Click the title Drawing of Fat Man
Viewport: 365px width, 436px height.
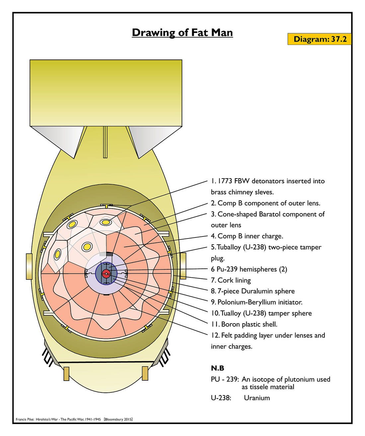point(182,33)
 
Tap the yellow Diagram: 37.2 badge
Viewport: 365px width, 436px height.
point(320,39)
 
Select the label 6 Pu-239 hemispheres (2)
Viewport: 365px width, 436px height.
point(249,269)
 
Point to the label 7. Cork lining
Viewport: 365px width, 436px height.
point(231,280)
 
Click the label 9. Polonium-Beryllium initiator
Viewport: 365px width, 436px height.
point(256,302)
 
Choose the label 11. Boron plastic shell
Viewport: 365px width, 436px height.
point(244,324)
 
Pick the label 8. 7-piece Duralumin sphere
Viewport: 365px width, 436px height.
point(253,291)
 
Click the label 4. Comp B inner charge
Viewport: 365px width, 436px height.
point(247,236)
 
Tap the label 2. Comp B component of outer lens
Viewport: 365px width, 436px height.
point(265,203)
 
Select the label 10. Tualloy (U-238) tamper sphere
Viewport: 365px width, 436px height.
point(261,313)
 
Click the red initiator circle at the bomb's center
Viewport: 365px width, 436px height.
point(106,274)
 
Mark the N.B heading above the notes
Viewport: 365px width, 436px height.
point(218,368)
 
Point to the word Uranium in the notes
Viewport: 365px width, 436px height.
point(257,398)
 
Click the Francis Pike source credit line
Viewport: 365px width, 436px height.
point(74,419)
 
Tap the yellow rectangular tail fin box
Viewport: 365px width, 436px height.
point(106,93)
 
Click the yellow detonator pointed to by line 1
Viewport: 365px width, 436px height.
point(106,222)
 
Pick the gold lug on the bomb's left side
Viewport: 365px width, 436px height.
point(29,266)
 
